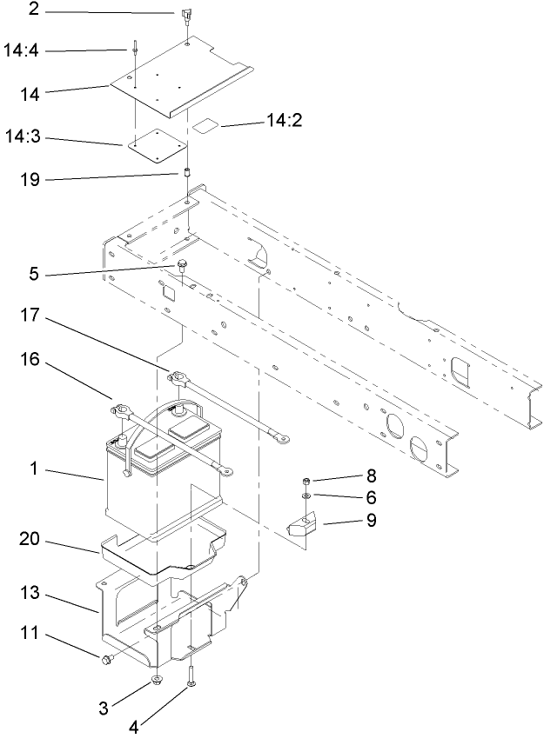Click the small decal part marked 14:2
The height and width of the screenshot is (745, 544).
pyautogui.click(x=205, y=126)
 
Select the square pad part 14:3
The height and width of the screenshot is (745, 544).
pyautogui.click(x=152, y=146)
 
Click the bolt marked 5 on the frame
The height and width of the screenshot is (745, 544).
pyautogui.click(x=182, y=264)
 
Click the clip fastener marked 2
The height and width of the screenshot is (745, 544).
pyautogui.click(x=187, y=15)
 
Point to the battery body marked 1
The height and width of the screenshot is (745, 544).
pyautogui.click(x=148, y=487)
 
